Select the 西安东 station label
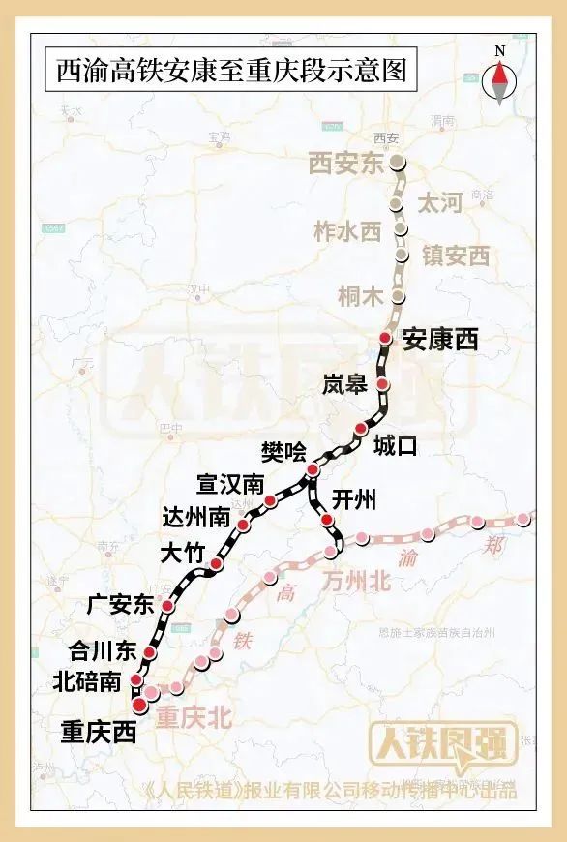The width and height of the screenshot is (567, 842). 346,164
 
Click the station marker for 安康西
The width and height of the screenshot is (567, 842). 385,338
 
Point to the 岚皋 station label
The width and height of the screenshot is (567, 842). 344,386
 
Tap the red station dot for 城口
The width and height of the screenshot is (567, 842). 361,429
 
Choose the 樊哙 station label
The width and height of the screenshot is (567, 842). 283,451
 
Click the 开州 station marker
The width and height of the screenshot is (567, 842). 327,523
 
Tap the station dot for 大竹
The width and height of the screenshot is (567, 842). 217,564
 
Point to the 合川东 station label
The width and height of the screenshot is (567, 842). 100,649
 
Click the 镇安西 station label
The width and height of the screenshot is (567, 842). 456,256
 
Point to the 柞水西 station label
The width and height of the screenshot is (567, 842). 349,231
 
